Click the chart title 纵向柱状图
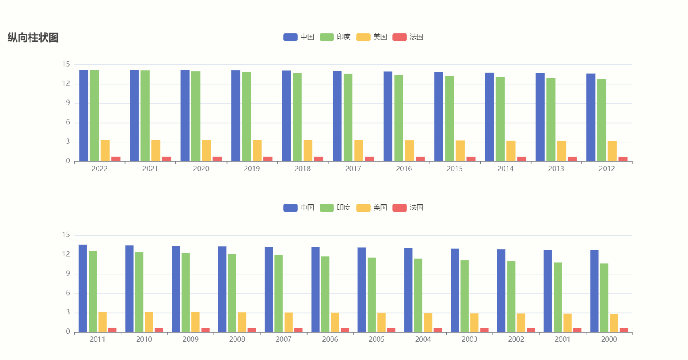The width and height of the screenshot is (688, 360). [33, 38]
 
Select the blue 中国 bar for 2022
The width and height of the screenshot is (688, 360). [83, 116]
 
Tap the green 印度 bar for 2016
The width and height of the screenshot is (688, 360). [398, 118]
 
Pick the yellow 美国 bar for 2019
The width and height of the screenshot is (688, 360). [257, 150]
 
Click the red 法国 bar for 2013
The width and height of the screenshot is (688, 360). [572, 159]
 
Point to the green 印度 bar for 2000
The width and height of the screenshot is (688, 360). [604, 298]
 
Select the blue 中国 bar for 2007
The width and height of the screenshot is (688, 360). [269, 289]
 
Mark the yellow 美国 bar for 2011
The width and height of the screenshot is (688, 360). [102, 322]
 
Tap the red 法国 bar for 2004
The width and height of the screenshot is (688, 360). [438, 330]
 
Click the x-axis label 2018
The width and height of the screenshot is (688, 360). [303, 169]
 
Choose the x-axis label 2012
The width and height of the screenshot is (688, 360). [607, 169]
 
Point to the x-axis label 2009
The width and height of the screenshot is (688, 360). [191, 339]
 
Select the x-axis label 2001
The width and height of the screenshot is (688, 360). [562, 339]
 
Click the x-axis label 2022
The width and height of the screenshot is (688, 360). [99, 169]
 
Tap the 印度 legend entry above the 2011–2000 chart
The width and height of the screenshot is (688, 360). [335, 207]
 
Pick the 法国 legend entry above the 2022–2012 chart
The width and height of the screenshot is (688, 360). [408, 37]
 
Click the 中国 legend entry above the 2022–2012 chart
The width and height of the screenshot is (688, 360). [299, 37]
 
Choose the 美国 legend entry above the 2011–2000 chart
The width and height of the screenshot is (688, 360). [371, 207]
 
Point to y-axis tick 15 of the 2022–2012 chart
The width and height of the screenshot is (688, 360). [66, 64]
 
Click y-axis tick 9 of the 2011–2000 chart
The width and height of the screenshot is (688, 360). [67, 274]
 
